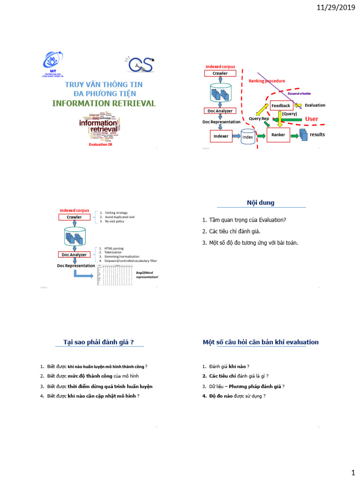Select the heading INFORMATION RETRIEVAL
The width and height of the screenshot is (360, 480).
[x=104, y=103]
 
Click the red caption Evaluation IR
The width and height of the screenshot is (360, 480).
[x=101, y=145]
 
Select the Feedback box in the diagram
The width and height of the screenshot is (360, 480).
[x=281, y=105]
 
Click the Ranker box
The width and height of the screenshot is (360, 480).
[x=278, y=135]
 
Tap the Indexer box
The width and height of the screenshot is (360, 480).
[x=221, y=136]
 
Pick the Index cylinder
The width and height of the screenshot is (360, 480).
[x=247, y=137]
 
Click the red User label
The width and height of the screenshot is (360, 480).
[x=311, y=119]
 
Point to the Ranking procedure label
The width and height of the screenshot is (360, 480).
[x=267, y=81]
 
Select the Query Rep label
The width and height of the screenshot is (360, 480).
[x=259, y=119]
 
